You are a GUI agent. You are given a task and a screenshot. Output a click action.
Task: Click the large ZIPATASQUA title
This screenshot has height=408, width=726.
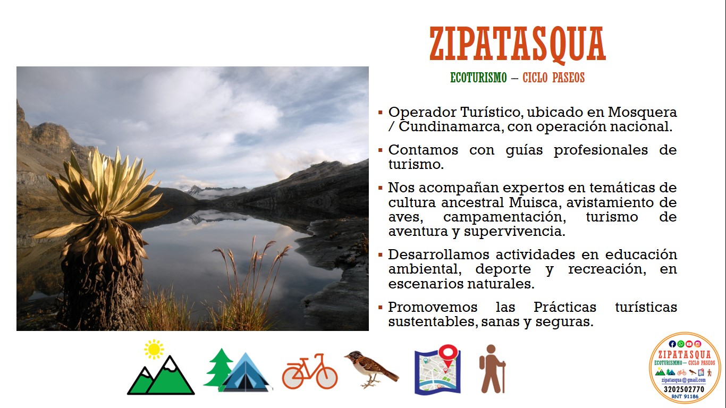(518, 45)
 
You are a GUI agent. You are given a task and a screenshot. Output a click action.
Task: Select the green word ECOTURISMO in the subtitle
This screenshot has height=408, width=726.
(478, 78)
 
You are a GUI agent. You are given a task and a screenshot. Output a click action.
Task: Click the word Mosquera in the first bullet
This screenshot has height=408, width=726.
(643, 113)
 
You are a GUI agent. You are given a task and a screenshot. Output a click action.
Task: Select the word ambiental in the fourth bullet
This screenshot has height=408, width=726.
(425, 269)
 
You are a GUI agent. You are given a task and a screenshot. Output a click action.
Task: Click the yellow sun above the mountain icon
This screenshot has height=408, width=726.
(154, 350)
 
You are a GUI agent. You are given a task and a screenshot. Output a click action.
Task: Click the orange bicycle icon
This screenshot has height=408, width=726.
(310, 371)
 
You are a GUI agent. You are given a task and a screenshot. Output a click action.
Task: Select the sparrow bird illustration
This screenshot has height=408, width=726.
(372, 369)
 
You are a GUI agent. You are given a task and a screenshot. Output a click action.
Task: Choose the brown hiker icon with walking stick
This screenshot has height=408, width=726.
(492, 369)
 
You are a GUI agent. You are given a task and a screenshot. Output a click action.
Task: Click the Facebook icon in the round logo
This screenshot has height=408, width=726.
(672, 344)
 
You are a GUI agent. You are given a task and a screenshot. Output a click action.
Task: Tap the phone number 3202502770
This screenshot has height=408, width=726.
(684, 389)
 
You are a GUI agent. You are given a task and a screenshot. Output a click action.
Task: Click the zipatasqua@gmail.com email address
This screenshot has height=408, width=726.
(683, 380)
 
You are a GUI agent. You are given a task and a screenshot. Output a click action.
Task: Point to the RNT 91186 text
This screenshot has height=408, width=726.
(685, 397)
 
